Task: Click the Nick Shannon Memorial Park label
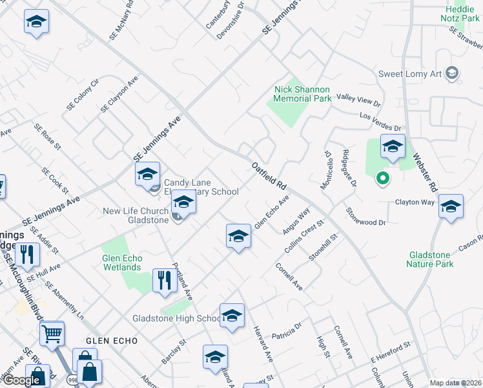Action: pyautogui.click(x=302, y=94)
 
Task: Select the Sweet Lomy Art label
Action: pyautogui.click(x=409, y=74)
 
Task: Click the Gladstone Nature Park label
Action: pyautogui.click(x=430, y=259)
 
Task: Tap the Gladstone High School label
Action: pyautogui.click(x=176, y=318)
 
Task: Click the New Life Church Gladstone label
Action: pyautogui.click(x=135, y=216)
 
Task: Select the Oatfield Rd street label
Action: pyautogui.click(x=269, y=175)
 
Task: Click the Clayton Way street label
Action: pyautogui.click(x=415, y=202)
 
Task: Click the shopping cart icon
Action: pyautogui.click(x=52, y=334)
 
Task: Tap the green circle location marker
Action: pyautogui.click(x=382, y=177)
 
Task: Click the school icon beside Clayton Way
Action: pyautogui.click(x=451, y=207)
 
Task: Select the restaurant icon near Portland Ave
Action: pyautogui.click(x=164, y=281)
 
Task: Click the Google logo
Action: pyautogui.click(x=21, y=380)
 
